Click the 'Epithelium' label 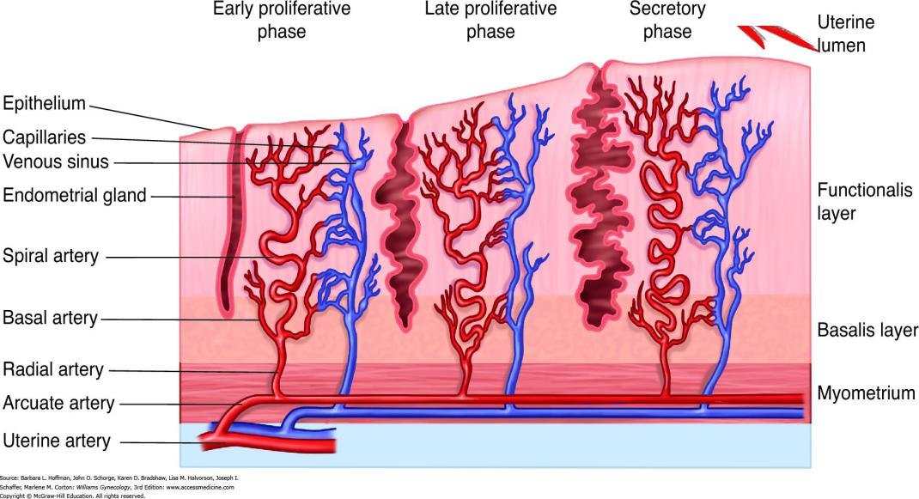pos(45,104)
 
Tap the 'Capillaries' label pos(45,137)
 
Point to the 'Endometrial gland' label pos(76,196)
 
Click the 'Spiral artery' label pos(51,256)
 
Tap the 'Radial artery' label pos(53,370)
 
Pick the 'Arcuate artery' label pos(58,402)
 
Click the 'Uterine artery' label pos(57,441)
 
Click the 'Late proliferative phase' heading pos(490,21)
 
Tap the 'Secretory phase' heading pos(667,21)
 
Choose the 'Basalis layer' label pos(867,331)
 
